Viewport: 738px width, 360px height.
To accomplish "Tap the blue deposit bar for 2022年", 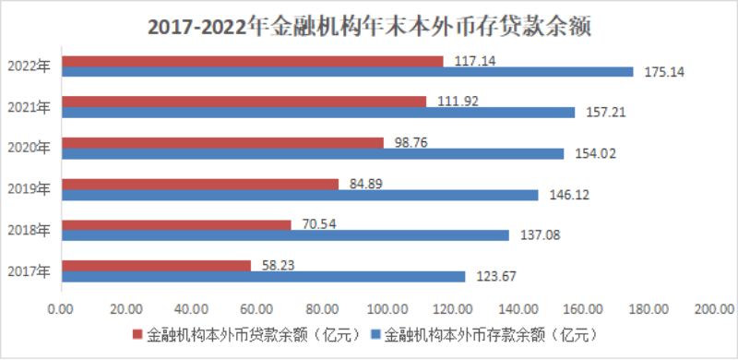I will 347,72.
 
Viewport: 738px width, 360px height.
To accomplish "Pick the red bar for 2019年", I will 199,184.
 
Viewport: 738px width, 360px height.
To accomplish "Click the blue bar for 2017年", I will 263,276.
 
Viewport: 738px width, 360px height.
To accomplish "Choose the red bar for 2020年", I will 221,143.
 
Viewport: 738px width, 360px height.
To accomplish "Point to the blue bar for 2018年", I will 285,235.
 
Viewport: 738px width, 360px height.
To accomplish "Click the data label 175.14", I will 659,72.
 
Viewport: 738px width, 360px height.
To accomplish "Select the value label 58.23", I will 278,263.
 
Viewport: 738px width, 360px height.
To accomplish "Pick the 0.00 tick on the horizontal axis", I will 60,309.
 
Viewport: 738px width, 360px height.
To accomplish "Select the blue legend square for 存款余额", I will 375,333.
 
